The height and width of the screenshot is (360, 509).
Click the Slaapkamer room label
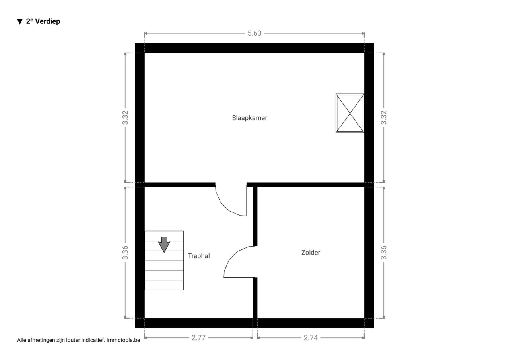[249, 118]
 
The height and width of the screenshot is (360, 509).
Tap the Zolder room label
[311, 253]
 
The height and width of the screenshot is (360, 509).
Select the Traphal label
[199, 256]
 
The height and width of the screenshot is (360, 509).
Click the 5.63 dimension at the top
[254, 33]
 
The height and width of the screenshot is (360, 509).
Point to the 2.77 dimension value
[198, 338]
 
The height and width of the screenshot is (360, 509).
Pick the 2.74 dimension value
[311, 338]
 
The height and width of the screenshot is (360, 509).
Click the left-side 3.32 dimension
[125, 117]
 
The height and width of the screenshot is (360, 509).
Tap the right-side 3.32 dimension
[384, 117]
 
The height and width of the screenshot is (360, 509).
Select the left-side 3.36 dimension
[125, 253]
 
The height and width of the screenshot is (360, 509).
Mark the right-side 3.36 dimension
[384, 253]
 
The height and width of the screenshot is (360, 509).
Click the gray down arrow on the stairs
[164, 245]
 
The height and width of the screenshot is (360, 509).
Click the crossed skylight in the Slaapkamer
[350, 113]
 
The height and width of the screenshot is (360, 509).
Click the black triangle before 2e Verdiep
[20, 22]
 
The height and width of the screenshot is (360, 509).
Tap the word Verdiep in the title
[48, 21]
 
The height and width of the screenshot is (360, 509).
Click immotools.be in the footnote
[123, 340]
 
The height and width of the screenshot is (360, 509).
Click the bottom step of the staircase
[164, 285]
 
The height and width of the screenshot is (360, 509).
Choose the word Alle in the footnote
[22, 340]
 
